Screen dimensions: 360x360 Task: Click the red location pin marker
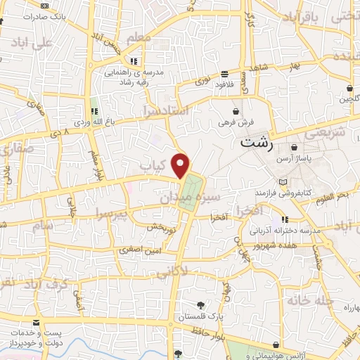(182, 165)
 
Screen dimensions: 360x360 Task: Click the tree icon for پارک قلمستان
(201, 304)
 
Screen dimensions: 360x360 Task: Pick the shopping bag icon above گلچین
(349, 89)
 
